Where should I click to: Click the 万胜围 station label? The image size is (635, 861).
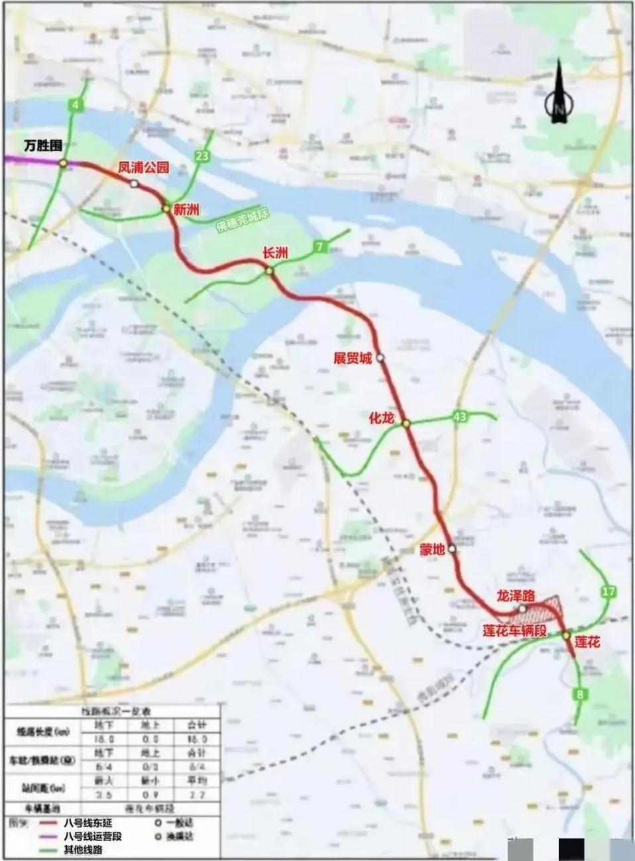coord(43,146)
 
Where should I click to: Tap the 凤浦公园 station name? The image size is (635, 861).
coord(143,168)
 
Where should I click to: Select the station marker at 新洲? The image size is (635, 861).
coord(166,209)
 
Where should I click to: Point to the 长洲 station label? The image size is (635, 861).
coord(275,253)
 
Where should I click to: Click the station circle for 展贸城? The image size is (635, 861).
coord(380,358)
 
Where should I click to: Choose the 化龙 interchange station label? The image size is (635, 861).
coord(382,418)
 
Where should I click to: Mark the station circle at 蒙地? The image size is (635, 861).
coord(452,548)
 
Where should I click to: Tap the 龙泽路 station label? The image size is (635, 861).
coord(516,595)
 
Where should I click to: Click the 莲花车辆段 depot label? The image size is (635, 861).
coord(514,631)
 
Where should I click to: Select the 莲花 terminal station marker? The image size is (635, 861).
coord(567,635)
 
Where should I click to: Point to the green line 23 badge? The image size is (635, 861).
coord(202,156)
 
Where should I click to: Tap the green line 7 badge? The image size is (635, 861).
coord(320,247)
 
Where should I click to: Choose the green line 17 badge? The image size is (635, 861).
coord(608,591)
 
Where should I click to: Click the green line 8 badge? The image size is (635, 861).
coord(581,694)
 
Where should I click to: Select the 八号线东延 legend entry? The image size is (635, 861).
coord(84,823)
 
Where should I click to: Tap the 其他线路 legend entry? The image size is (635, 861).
coord(83,850)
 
